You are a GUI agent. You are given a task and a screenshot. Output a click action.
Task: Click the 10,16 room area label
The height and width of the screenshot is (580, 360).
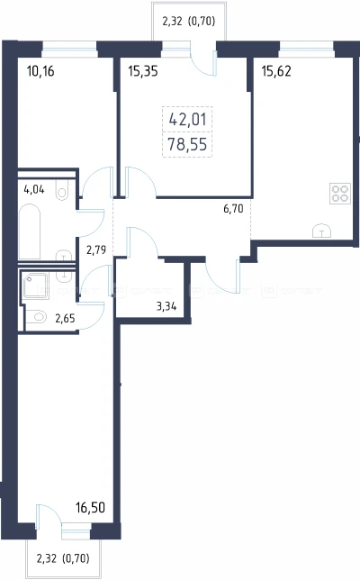(40, 70)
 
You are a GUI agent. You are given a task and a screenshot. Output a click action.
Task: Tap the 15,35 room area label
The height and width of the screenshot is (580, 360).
(143, 70)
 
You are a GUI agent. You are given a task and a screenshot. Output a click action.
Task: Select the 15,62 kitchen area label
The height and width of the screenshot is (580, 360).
(276, 70)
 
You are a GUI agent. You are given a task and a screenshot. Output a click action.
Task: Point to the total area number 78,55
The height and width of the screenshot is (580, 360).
(187, 144)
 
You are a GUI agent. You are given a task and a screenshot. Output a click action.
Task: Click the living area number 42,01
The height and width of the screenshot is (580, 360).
(187, 120)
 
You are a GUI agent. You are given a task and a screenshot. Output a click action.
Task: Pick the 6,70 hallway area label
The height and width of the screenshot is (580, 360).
(233, 209)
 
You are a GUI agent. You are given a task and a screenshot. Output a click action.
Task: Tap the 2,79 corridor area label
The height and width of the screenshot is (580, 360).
(96, 250)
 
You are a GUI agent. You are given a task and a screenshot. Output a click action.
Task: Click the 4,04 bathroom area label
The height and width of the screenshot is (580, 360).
(34, 190)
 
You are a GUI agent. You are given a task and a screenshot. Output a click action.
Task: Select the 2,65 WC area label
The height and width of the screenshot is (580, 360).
(65, 318)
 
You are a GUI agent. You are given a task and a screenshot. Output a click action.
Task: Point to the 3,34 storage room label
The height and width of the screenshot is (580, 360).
(166, 306)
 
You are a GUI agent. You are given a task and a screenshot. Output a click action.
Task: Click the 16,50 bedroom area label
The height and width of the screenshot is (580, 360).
(90, 508)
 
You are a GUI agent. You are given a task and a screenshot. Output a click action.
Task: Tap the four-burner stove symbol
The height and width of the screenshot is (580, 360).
(340, 194)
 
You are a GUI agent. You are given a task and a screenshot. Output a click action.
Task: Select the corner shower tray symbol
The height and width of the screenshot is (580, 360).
(34, 285)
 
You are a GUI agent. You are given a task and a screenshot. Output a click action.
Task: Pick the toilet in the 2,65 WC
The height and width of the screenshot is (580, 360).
(37, 317)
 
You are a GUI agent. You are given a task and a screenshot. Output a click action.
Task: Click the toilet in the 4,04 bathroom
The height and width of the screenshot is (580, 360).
(61, 190)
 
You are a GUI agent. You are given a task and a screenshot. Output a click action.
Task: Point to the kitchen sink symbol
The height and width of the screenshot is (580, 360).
(321, 231)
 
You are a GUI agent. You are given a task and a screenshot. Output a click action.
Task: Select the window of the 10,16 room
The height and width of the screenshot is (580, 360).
(69, 49)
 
